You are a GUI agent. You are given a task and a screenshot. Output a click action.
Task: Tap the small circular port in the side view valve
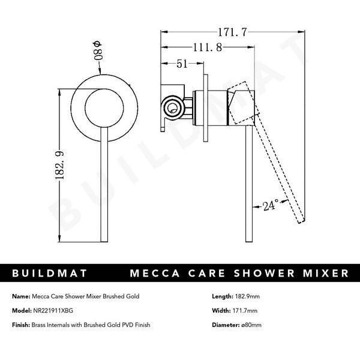174,109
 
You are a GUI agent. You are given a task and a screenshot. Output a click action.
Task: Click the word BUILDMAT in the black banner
50,274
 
